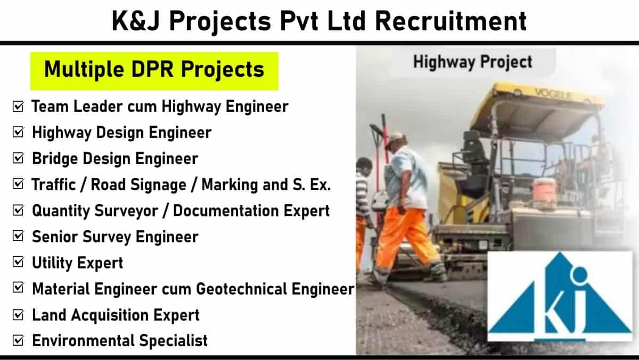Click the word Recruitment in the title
click(451, 21)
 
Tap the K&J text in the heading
click(135, 21)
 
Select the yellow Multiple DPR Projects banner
click(154, 71)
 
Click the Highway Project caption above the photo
click(473, 62)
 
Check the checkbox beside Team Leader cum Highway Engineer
click(18, 107)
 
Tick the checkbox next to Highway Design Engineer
click(18, 133)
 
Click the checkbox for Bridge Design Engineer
click(18, 158)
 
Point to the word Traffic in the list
click(54, 185)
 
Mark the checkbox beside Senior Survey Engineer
click(18, 236)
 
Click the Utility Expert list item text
click(78, 263)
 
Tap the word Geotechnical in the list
click(241, 289)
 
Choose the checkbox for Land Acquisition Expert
click(18, 315)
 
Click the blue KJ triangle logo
click(560, 297)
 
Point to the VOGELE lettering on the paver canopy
click(553, 94)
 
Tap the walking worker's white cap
click(396, 140)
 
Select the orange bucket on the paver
click(544, 190)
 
